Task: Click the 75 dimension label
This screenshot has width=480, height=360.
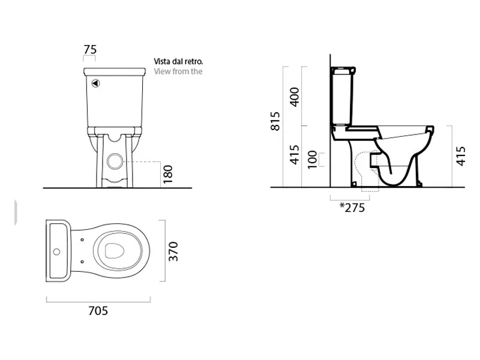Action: click(89, 50)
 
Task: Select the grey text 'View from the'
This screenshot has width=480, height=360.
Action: click(178, 71)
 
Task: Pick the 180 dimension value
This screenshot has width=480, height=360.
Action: click(168, 175)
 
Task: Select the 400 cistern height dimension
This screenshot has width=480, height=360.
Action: click(295, 96)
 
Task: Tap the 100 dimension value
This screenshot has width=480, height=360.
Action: click(313, 160)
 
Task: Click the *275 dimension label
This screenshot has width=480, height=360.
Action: click(352, 208)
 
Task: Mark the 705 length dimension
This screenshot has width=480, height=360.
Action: click(98, 310)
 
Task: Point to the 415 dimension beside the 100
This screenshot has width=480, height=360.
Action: click(295, 155)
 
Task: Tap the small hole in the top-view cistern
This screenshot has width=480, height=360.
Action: click(59, 251)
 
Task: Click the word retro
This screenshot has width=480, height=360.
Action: click(195, 61)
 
